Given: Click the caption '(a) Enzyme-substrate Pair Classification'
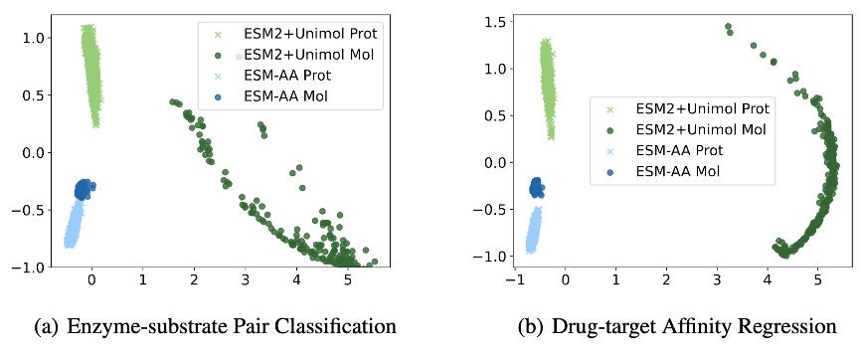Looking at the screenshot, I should pyautogui.click(x=203, y=326).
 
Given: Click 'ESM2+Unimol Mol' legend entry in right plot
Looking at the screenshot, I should pyautogui.click(x=695, y=129).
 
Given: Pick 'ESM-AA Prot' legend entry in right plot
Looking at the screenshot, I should pyautogui.click(x=679, y=150).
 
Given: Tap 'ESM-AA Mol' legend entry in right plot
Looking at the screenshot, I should pyautogui.click(x=676, y=171).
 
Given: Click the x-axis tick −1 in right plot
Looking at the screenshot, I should pyautogui.click(x=513, y=281).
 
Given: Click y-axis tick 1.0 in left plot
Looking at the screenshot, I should pyautogui.click(x=33, y=37).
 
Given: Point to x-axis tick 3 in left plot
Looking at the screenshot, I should pyautogui.click(x=245, y=281).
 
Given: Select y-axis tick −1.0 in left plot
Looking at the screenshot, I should pyautogui.click(x=30, y=267).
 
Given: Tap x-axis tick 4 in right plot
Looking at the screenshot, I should pyautogui.click(x=768, y=281).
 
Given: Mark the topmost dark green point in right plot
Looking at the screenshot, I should pyautogui.click(x=728, y=27).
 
